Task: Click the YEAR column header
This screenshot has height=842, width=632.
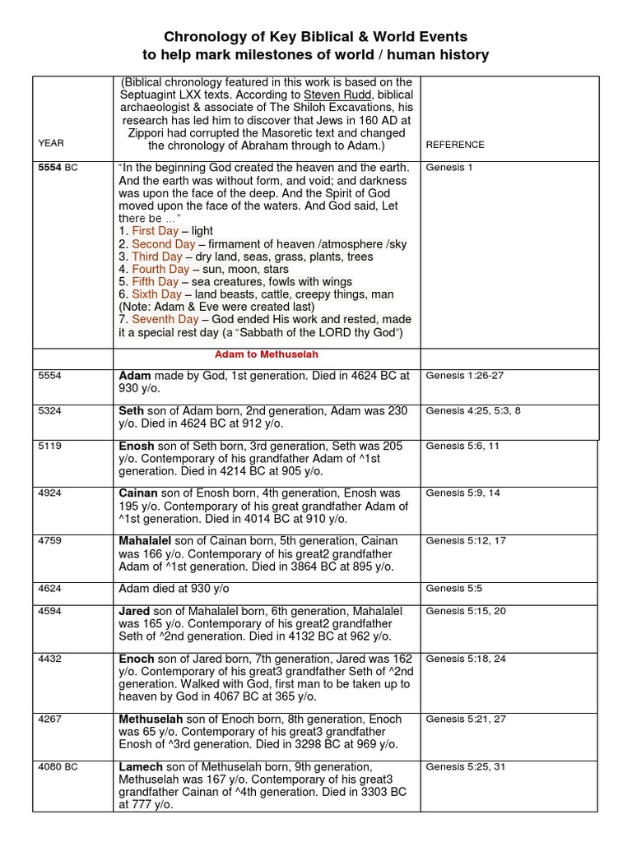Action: tap(51, 144)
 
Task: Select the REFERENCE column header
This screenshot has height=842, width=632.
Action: tap(455, 145)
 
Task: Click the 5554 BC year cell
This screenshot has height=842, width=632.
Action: tap(58, 167)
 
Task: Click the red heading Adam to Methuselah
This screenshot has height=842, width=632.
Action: tap(267, 354)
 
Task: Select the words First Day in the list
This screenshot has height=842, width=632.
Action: tap(156, 232)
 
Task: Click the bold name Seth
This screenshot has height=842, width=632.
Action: tap(132, 411)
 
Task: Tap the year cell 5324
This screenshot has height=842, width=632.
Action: tap(50, 411)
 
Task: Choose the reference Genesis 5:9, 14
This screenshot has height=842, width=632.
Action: tap(462, 493)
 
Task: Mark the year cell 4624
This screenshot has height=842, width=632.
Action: tap(50, 589)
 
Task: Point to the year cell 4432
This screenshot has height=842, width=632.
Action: tap(50, 659)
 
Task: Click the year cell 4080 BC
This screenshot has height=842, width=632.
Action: tap(58, 766)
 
